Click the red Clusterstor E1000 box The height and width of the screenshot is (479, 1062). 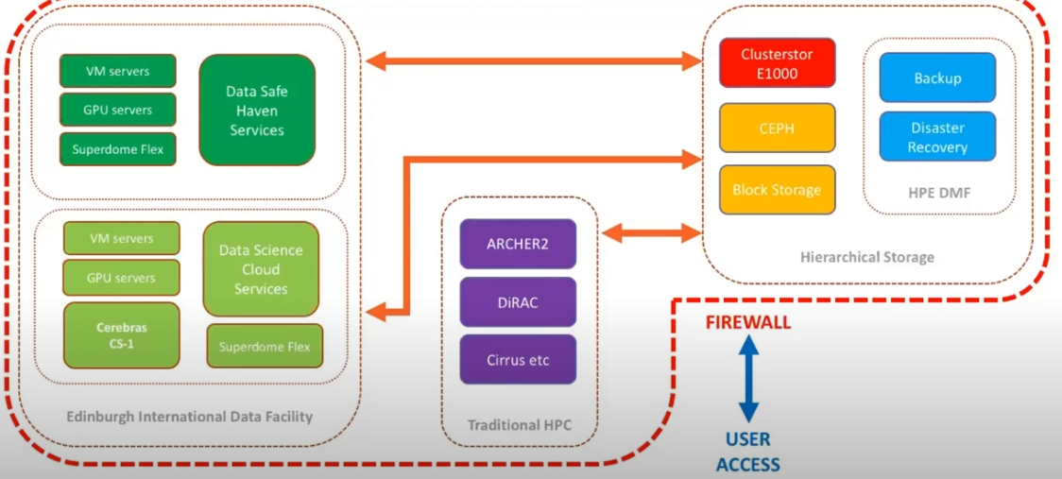777,64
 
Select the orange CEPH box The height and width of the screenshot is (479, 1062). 777,128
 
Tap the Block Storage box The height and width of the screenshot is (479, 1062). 777,190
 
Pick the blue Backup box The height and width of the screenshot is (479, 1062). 937,78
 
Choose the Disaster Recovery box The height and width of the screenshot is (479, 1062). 937,137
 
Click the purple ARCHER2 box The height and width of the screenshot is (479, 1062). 518,244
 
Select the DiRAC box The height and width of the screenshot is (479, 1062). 518,301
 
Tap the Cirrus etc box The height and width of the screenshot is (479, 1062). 518,360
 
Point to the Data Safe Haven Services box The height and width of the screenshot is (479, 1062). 256,111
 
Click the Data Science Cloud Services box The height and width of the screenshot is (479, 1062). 261,269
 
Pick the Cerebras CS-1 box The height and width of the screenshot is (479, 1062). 121,335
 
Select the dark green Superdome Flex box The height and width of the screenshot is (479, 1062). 118,149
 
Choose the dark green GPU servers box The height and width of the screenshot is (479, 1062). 118,110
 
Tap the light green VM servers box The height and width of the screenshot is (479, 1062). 121,239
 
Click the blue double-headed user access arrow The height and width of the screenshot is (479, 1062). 748,380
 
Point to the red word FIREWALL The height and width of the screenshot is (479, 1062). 748,323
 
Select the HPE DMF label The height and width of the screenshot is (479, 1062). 937,193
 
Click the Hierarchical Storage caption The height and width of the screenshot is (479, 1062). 866,257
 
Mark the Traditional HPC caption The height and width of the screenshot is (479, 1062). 520,425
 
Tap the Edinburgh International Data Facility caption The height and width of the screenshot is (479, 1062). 189,417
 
